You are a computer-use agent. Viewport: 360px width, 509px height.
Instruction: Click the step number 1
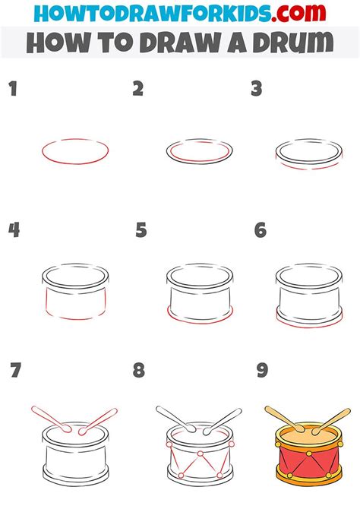[12, 90]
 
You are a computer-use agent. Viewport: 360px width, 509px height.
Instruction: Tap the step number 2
[137, 90]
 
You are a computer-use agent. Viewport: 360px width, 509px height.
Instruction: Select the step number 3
[257, 90]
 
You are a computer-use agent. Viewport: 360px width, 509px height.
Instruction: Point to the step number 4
[14, 229]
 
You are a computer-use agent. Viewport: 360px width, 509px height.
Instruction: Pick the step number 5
[141, 229]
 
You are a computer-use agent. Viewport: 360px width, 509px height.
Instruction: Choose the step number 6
[261, 229]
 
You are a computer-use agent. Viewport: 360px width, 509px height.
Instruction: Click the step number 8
[139, 371]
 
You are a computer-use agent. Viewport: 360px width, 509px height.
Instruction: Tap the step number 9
[262, 371]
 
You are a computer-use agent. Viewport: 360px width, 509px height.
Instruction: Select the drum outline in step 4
[74, 295]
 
